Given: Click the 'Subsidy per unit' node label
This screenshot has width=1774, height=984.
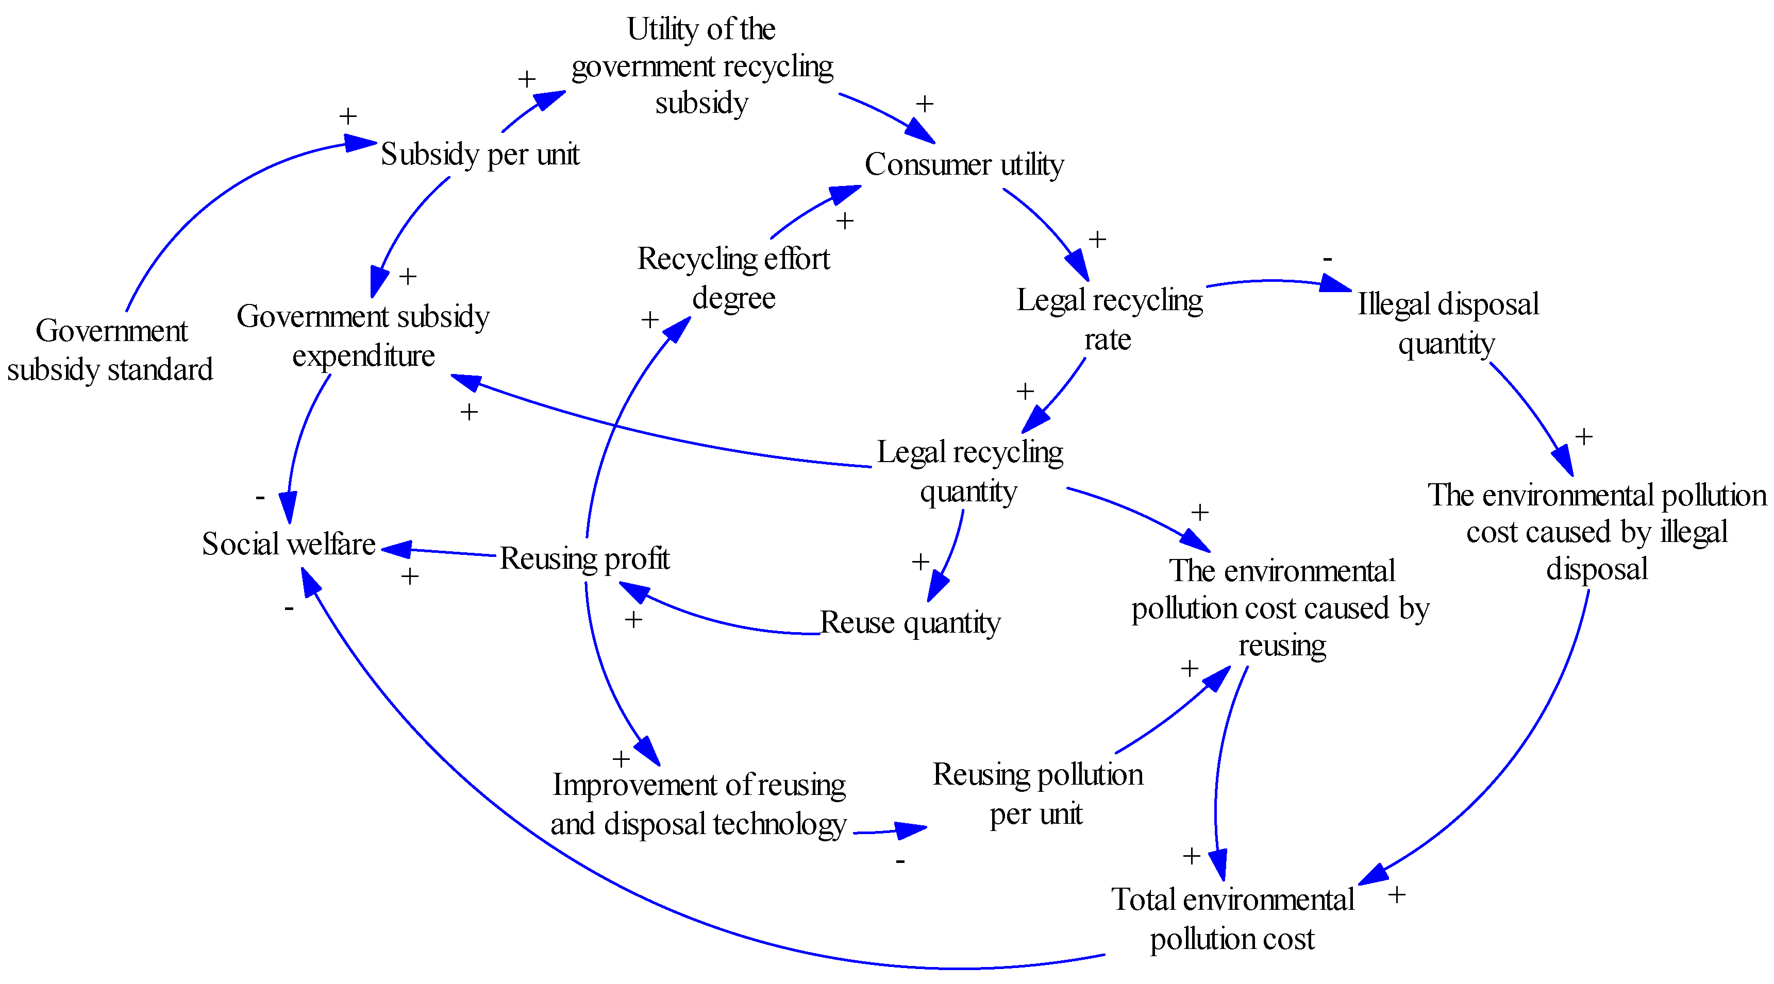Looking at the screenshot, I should (x=480, y=154).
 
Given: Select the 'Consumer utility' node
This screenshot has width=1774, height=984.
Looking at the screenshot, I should (x=964, y=164).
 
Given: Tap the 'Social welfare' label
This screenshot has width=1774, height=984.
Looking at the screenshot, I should (x=289, y=544).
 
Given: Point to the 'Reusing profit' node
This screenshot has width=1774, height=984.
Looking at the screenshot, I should (x=584, y=558).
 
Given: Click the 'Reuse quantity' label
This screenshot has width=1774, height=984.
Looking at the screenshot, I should (x=910, y=622).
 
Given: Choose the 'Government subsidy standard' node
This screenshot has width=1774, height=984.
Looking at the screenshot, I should (x=110, y=350).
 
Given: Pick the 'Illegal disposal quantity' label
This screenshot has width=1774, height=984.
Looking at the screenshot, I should (x=1448, y=323).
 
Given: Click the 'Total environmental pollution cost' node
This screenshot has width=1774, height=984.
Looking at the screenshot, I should (x=1232, y=919).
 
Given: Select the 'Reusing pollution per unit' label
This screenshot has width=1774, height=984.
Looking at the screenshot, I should (x=1037, y=793).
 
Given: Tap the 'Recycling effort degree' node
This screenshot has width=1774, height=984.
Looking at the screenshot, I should (x=733, y=278).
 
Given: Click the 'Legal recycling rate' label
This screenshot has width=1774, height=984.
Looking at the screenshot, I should (x=1109, y=319).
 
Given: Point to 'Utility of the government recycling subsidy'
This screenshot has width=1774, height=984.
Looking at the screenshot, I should (x=702, y=66).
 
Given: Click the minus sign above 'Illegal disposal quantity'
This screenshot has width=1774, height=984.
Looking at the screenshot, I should (x=1327, y=260).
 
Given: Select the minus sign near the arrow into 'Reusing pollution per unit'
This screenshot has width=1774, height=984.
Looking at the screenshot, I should (x=900, y=861).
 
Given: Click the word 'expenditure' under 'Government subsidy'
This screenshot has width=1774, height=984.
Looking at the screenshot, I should (x=364, y=356).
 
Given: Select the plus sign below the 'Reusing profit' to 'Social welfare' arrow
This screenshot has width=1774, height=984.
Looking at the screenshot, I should (x=410, y=576).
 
